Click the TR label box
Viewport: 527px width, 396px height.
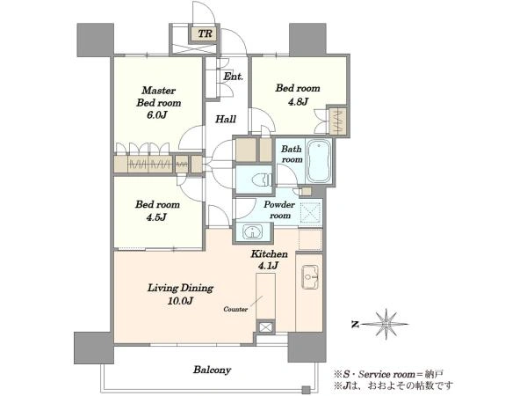[x=205, y=33]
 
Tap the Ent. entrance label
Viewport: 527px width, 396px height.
[x=234, y=77]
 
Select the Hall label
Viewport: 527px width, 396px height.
[x=226, y=119]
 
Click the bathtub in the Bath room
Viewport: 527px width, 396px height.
[x=319, y=161]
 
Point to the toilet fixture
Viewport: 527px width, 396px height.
[x=262, y=180]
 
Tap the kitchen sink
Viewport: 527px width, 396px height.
[x=310, y=277]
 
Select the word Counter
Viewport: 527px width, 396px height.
[x=235, y=309]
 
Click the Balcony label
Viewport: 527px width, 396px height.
[x=212, y=370]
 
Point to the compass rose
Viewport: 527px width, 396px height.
[x=386, y=324]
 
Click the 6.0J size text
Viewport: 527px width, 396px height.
[x=156, y=114]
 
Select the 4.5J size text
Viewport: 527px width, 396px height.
[x=156, y=216]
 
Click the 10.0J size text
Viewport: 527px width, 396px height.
[x=180, y=301]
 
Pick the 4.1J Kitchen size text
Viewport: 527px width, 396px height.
[x=268, y=266]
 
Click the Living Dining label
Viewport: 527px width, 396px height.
[x=180, y=288]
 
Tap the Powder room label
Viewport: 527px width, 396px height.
[x=279, y=209]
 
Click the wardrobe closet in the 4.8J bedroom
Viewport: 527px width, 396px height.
[x=337, y=121]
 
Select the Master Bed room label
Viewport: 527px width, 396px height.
[x=159, y=96]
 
